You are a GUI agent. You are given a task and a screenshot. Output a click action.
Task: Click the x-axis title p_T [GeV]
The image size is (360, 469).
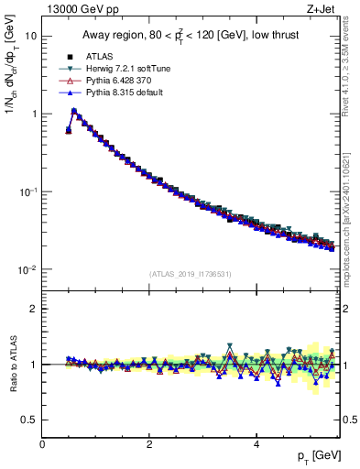pos(315,456)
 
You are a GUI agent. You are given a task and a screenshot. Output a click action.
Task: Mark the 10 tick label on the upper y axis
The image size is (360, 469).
pos(31,36)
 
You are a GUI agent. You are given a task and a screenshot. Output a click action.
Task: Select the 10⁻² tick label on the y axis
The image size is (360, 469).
pos(27,270)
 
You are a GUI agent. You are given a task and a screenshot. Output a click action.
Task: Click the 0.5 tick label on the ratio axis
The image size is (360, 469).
pos(29,420)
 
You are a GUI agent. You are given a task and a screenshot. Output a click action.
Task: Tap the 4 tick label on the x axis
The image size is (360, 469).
pos(256,444)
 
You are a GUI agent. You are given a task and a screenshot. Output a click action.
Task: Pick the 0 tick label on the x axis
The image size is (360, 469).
pos(42,444)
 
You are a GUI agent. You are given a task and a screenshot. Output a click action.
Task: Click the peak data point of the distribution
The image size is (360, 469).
pos(74,112)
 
